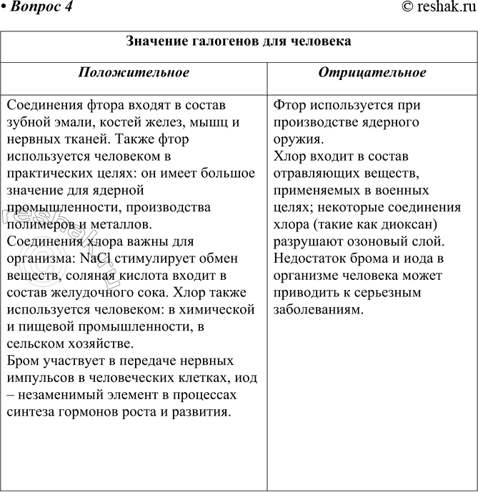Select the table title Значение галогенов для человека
point(239,41)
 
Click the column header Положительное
point(134,73)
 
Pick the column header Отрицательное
point(372,73)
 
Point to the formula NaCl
point(100,258)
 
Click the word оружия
point(297,139)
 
